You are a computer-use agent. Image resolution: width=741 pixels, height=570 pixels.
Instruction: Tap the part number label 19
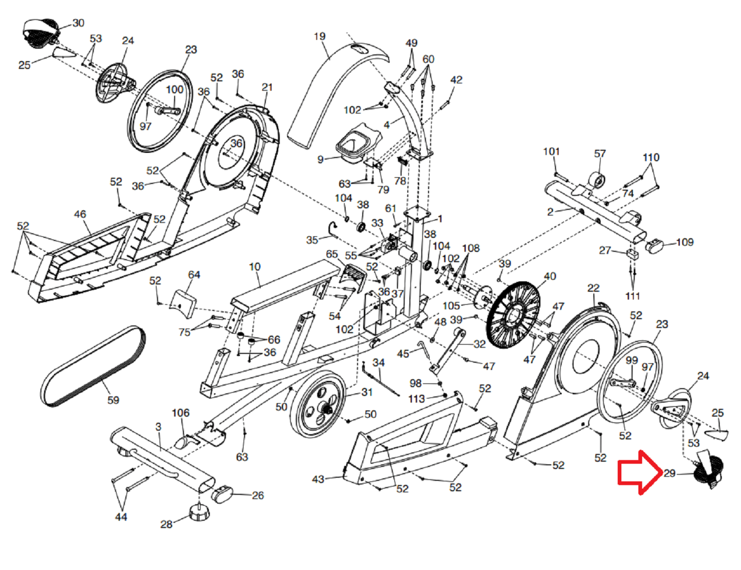[x=320, y=36]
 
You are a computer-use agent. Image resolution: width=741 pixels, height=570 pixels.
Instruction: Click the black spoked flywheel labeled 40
[x=513, y=315]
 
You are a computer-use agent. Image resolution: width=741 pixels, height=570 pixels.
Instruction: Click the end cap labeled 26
[x=222, y=494]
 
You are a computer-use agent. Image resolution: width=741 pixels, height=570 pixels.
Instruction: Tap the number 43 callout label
[x=318, y=479]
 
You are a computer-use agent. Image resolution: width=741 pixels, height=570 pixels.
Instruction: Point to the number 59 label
[x=113, y=400]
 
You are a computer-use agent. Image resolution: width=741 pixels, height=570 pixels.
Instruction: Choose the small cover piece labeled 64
[x=183, y=304]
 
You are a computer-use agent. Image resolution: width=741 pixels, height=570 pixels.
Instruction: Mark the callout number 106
[x=180, y=413]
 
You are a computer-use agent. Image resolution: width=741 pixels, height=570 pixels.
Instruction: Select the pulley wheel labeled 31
[x=318, y=404]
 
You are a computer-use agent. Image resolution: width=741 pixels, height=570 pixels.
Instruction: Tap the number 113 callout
[x=417, y=398]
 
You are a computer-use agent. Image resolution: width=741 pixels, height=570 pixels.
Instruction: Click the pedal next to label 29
[x=709, y=469]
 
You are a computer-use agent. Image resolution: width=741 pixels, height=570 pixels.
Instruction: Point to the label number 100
[x=175, y=89]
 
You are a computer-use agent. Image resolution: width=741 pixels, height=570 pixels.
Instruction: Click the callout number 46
[x=80, y=214]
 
